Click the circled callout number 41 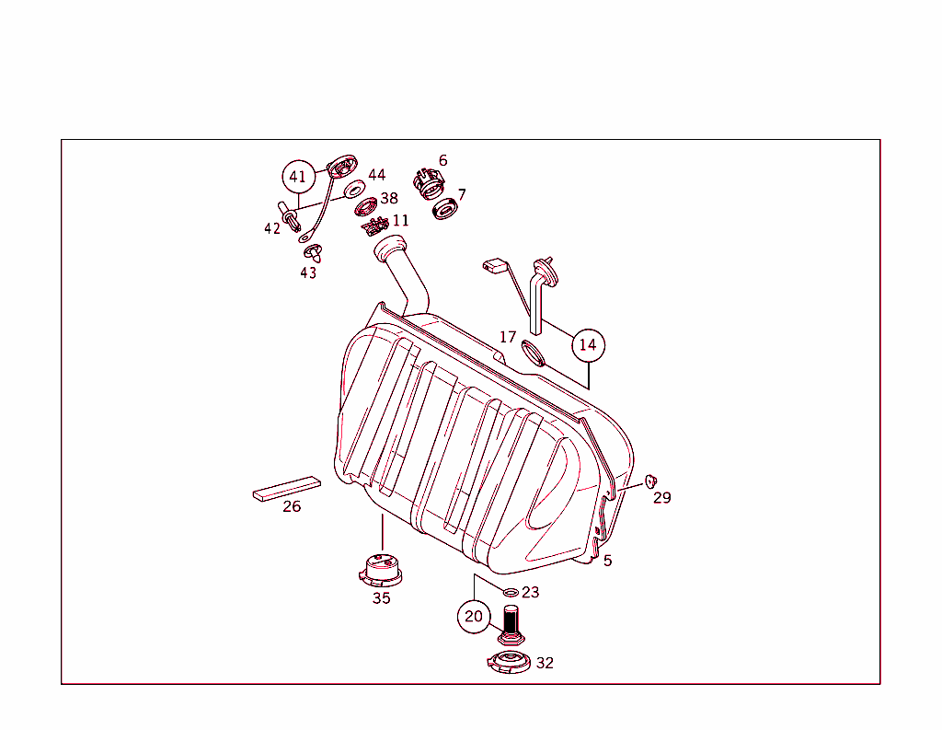[297, 176]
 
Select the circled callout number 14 [589, 346]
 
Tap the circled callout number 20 [474, 617]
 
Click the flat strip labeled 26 [287, 488]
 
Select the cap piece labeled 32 [509, 662]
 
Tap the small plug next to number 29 [650, 481]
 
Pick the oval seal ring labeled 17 [534, 352]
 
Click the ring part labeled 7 [446, 209]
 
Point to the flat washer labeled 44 [353, 191]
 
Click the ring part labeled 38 [365, 206]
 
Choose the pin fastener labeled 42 [292, 219]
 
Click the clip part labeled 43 [311, 250]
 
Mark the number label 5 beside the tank [608, 561]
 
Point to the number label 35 [381, 598]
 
